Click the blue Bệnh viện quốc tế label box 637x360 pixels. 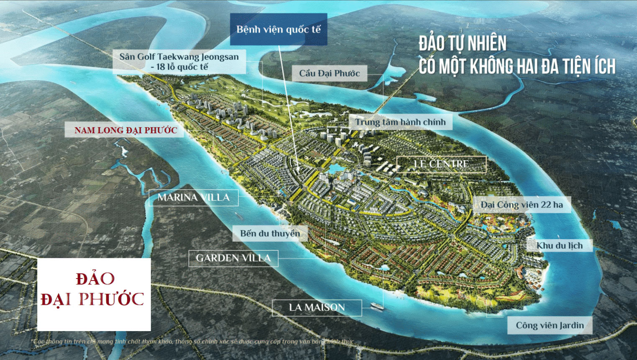pos(278,29)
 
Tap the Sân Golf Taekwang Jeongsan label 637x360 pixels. pos(179,61)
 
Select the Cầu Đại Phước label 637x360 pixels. pos(329,73)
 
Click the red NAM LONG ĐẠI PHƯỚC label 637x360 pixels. pos(125,130)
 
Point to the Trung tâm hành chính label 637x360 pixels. pos(400,122)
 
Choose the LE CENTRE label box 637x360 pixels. pos(441,164)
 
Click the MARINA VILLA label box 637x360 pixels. pos(194,197)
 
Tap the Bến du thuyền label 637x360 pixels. pos(270,233)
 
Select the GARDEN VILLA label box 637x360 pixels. pos(233,258)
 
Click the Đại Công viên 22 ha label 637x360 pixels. pos(522,205)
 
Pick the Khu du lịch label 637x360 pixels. pos(560,245)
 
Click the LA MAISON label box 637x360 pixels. pos(317,308)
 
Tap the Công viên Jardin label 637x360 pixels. pos(550,325)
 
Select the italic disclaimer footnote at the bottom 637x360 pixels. pos(194,342)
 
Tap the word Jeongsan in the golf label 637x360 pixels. pos(217,56)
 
